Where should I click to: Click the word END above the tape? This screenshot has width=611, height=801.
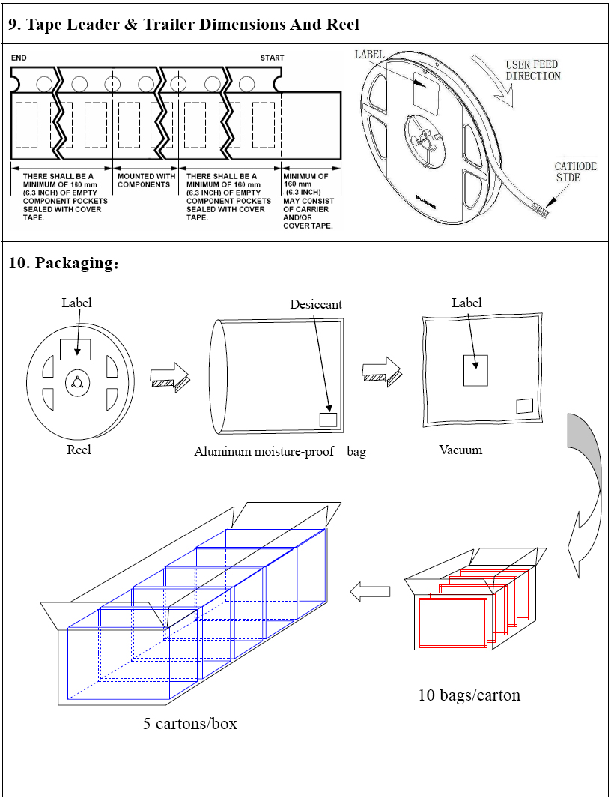19,58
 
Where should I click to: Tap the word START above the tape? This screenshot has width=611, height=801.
272,58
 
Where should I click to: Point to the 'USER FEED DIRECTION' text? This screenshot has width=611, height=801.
532,70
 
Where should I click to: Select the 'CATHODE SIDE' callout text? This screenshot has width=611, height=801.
575,172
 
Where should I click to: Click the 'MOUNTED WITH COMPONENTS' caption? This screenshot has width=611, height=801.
146,181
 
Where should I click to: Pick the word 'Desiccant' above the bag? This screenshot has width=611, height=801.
316,304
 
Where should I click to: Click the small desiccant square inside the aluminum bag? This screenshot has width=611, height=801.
328,420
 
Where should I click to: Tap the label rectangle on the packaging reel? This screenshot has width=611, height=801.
75,349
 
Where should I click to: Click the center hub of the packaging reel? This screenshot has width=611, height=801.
77,383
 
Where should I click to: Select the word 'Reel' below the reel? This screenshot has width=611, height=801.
79,450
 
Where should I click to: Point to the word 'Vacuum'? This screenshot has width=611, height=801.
460,450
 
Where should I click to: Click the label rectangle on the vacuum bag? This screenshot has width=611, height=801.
475,370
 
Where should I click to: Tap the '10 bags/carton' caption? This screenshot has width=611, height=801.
469,695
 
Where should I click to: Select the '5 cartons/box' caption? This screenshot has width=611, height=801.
190,724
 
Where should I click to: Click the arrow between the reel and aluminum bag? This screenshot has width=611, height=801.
170,375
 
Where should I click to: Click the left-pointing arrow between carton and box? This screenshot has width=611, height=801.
371,591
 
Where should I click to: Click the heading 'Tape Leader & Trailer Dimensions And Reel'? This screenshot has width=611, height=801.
183,25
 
